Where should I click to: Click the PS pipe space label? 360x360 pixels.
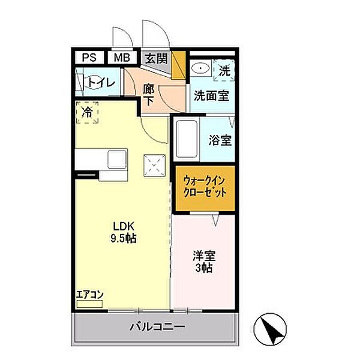(89, 58)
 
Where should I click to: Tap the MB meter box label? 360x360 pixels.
(122, 58)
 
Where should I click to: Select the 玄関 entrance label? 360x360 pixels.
(157, 59)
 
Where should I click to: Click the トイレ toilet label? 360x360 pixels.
(101, 83)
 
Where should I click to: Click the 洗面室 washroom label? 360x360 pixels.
(211, 96)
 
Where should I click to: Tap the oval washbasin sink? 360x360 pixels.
(200, 68)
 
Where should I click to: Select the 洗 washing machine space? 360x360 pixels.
(224, 70)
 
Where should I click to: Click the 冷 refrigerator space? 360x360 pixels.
(87, 113)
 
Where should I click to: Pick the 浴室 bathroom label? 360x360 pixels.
(220, 140)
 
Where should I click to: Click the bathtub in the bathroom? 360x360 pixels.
(187, 139)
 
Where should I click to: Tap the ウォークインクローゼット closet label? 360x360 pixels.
(205, 187)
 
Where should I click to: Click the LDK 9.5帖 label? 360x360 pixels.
(124, 233)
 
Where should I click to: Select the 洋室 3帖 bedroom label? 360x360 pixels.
(204, 262)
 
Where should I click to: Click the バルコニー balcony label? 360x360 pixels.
(157, 326)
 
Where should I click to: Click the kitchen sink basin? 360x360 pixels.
(117, 160)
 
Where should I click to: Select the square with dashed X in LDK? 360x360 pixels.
(155, 166)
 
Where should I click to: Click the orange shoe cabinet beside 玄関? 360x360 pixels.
(179, 65)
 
